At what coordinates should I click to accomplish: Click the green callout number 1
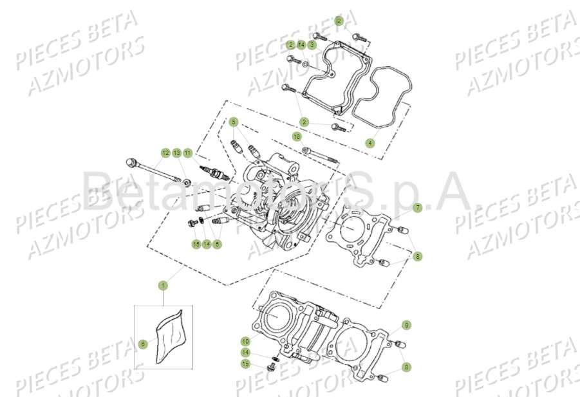pyautogui.click(x=164, y=284)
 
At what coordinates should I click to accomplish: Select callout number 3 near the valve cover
pyautogui.click(x=312, y=45)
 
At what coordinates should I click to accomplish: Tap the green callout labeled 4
pyautogui.click(x=370, y=143)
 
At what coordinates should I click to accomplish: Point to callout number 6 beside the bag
pyautogui.click(x=143, y=344)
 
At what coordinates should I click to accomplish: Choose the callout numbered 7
pyautogui.click(x=417, y=208)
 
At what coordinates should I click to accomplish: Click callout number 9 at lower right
pyautogui.click(x=406, y=325)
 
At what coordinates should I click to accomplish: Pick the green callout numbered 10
pyautogui.click(x=245, y=340)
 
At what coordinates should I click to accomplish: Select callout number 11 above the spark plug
pyautogui.click(x=187, y=153)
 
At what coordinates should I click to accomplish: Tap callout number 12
pyautogui.click(x=165, y=153)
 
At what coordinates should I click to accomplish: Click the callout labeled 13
pyautogui.click(x=176, y=153)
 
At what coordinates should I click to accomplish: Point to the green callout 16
pyautogui.click(x=297, y=136)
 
